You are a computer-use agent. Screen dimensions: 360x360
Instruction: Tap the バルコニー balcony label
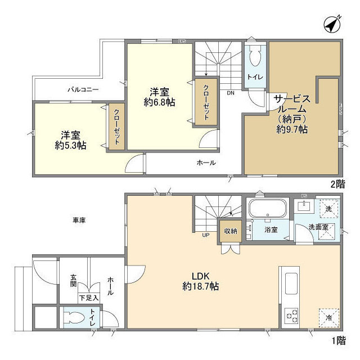(83, 89)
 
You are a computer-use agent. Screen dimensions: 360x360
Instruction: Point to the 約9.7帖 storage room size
(291, 129)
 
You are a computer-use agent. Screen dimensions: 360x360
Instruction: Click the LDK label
(201, 276)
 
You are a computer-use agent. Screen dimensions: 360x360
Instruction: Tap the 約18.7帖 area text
(201, 286)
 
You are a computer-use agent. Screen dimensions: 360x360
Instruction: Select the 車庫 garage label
(78, 220)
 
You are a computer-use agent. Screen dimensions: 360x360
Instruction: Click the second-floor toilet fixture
(254, 56)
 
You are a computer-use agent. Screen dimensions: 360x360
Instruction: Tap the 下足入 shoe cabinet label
(88, 298)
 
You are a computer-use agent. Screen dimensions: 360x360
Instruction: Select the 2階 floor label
(337, 183)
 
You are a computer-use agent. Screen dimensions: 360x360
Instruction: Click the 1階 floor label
(337, 340)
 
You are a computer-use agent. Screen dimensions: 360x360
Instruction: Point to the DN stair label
(231, 93)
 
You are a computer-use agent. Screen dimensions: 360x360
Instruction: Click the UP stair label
(206, 235)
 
